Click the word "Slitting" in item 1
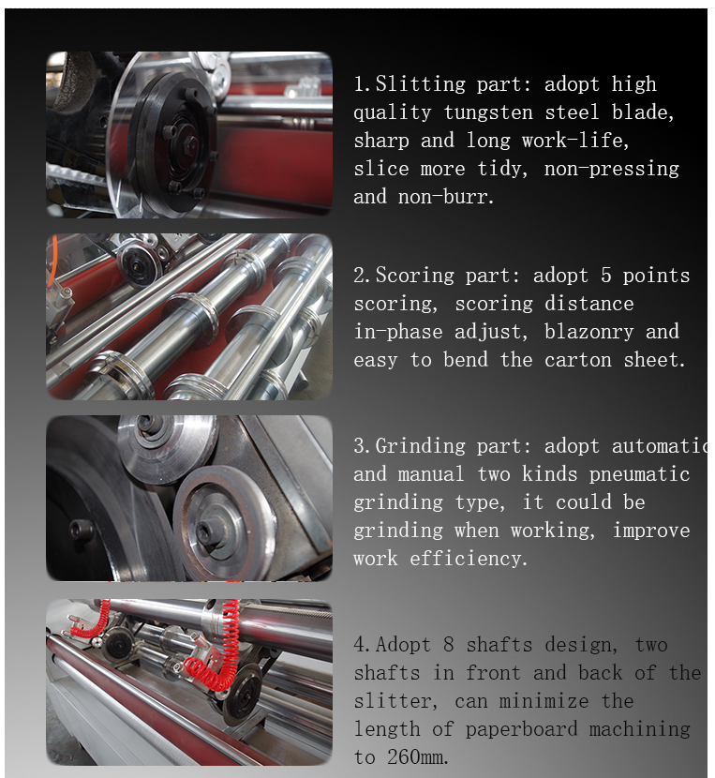[x=421, y=84]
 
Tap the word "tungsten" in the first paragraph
[x=488, y=112]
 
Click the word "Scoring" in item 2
[x=415, y=276]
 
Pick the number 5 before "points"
[x=606, y=276]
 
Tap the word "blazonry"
[x=589, y=332]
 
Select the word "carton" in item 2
[x=578, y=360]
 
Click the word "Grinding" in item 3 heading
[x=421, y=446]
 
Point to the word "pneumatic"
[x=640, y=475]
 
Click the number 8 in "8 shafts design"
[x=449, y=645]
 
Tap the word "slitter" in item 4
[x=394, y=701]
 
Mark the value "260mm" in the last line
[x=416, y=757]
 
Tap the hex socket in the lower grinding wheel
[x=204, y=531]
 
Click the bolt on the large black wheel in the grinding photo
[x=81, y=530]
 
